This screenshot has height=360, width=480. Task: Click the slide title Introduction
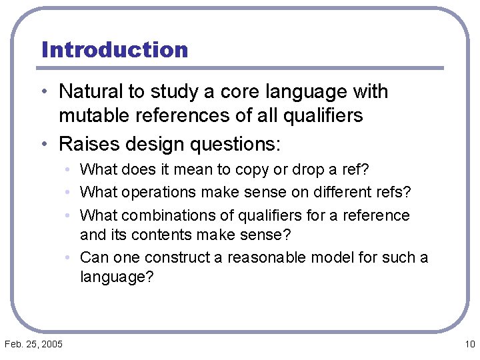[115, 50]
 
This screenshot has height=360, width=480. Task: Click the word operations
[155, 193]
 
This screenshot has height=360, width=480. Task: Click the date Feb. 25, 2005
[34, 344]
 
